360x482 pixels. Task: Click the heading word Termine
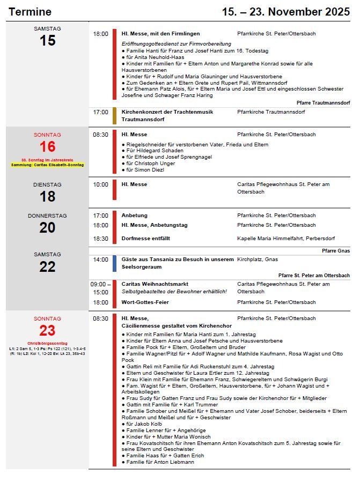(30, 12)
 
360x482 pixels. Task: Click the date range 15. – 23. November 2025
(285, 12)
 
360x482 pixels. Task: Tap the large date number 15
(47, 40)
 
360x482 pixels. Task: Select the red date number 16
(47, 147)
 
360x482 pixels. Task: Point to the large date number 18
(47, 196)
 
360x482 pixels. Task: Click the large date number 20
(47, 227)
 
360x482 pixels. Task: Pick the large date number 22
(47, 266)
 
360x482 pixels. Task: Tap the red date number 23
(47, 330)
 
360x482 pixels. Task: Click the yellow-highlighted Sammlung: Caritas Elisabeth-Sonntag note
(48, 165)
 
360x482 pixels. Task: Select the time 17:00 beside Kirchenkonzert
(100, 112)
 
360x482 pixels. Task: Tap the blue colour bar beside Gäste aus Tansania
(114, 263)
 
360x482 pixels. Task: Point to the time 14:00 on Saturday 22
(100, 259)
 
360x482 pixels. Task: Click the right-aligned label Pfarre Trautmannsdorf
(323, 102)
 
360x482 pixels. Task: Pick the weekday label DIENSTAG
(47, 184)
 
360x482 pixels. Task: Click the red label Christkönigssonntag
(47, 343)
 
